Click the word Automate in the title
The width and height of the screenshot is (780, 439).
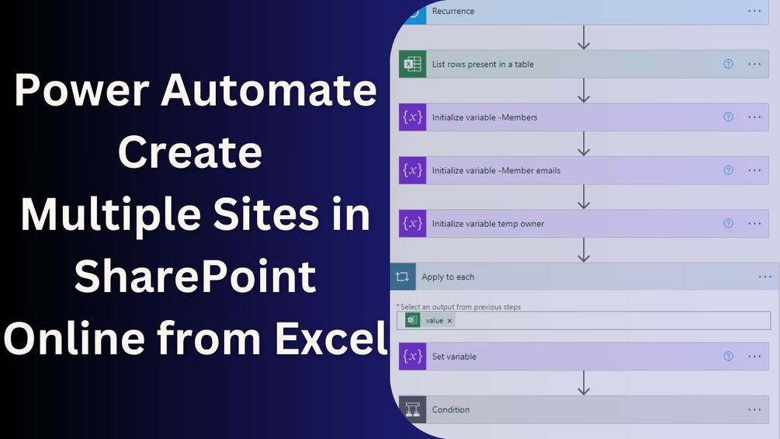(269, 92)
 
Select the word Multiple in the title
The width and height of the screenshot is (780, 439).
(116, 214)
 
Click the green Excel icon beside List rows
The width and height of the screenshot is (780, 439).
(412, 64)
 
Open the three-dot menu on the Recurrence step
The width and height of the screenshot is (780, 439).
(754, 11)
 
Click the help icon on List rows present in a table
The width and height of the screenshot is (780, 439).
(728, 64)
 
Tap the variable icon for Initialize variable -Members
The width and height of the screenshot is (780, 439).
(412, 117)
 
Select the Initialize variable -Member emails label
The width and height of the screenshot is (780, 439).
(496, 170)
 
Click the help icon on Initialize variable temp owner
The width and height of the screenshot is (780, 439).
(728, 223)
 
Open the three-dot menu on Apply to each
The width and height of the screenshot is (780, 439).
(764, 277)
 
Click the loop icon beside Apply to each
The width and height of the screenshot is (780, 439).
(402, 277)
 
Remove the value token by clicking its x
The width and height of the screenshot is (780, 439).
(449, 320)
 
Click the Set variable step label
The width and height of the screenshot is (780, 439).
(454, 357)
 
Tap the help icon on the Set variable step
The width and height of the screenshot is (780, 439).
(728, 356)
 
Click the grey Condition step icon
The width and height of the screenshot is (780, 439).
(412, 409)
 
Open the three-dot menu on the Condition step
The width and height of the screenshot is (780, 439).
(754, 409)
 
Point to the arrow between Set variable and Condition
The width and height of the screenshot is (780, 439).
(584, 383)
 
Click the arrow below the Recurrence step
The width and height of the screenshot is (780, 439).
(584, 37)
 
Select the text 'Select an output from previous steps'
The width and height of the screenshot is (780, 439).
(460, 307)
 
